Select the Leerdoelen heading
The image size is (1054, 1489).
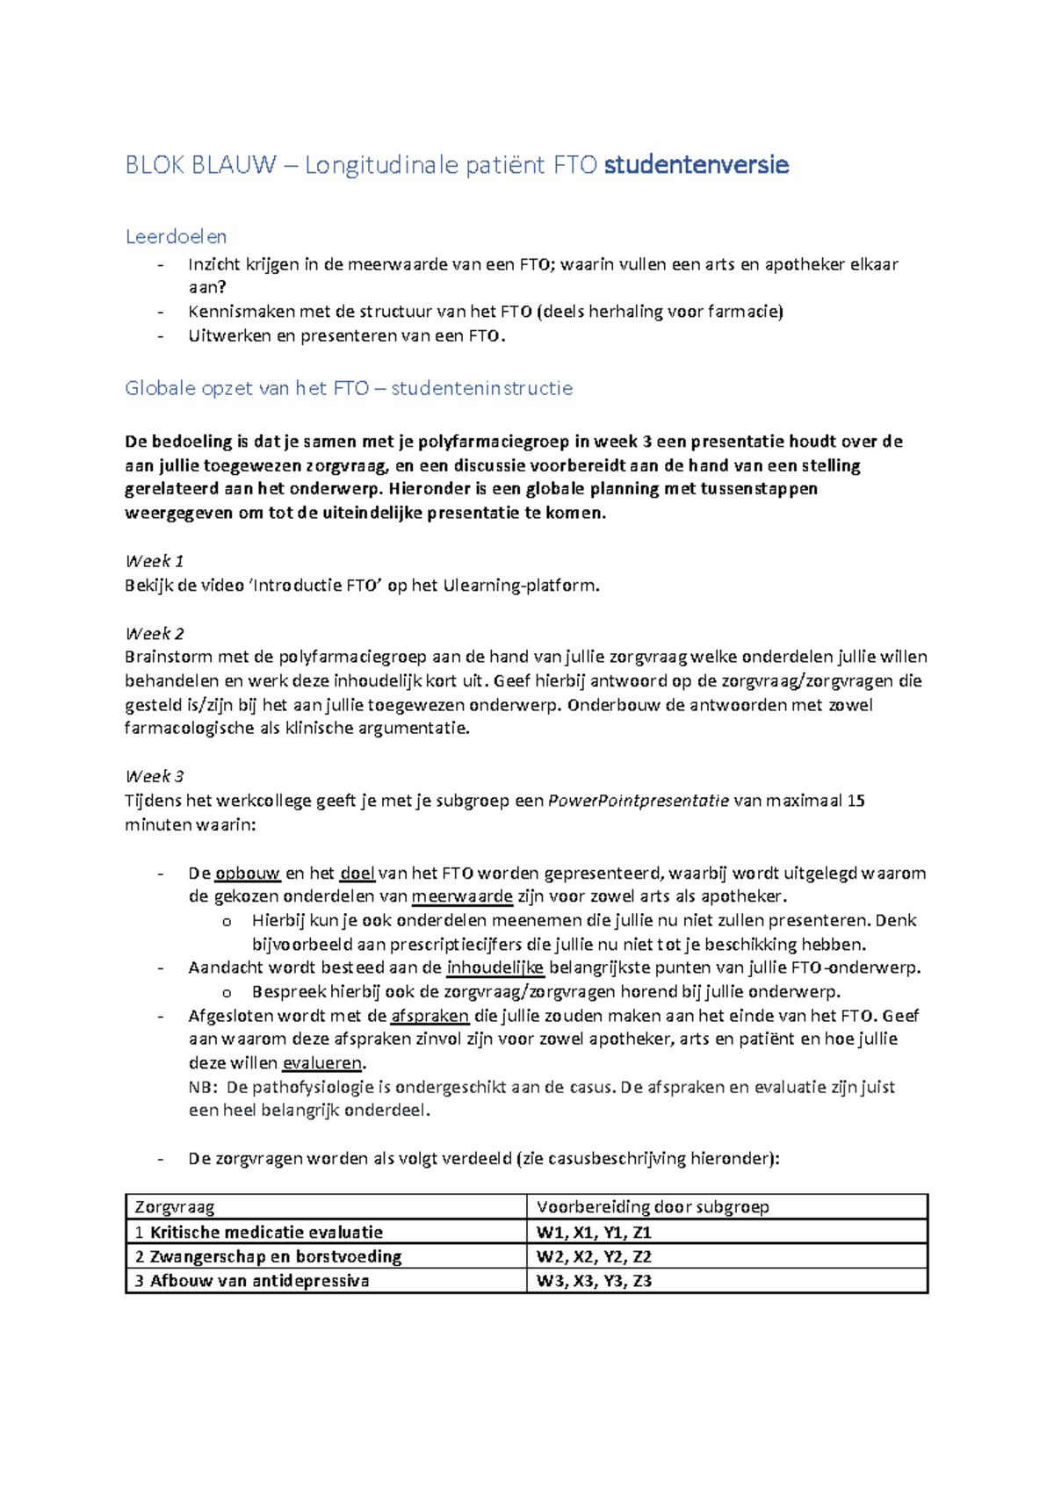tap(176, 237)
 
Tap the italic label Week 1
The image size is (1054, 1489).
tap(155, 561)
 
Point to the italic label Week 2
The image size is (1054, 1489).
tap(155, 633)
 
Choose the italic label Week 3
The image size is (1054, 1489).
tap(155, 776)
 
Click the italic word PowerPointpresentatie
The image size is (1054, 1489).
tap(638, 801)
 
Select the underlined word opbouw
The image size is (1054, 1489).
tap(248, 874)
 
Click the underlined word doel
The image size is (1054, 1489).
tap(357, 874)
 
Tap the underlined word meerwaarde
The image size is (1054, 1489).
tap(462, 896)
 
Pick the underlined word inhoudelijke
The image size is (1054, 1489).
tap(495, 968)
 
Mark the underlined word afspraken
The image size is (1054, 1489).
tap(430, 1016)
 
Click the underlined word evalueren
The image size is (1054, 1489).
tap(322, 1063)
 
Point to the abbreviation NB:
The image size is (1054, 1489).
tap(203, 1087)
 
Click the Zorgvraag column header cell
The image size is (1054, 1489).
tap(175, 1207)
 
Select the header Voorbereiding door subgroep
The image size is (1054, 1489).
tap(653, 1207)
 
